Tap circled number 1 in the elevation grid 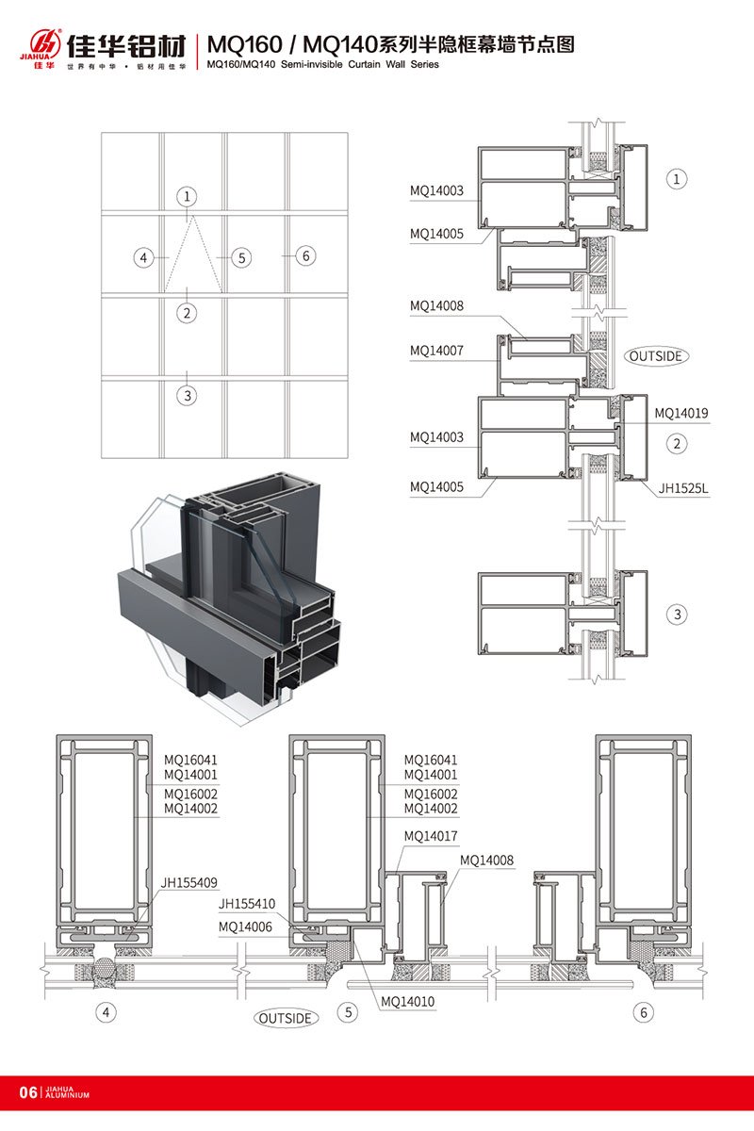(188, 196)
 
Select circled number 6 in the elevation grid (303, 255)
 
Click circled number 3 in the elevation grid (188, 396)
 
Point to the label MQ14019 (681, 413)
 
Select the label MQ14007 (436, 351)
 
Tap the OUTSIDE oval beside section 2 (658, 356)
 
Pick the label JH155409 (188, 883)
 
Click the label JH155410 (247, 903)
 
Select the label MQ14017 (431, 836)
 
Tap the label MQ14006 (245, 927)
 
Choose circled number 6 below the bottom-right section (644, 1013)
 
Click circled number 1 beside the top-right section (677, 178)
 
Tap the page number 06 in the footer (27, 1093)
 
